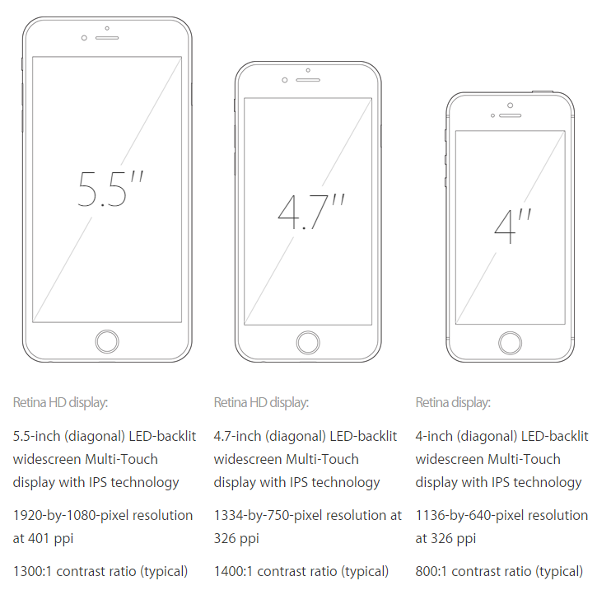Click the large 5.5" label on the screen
(x=110, y=189)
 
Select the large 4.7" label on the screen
(x=311, y=211)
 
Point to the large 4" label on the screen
(x=512, y=226)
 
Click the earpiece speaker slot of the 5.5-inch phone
(x=107, y=38)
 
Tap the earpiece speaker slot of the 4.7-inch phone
(x=308, y=80)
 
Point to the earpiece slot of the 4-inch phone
(x=510, y=116)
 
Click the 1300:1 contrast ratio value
(x=32, y=572)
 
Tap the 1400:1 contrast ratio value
(x=233, y=572)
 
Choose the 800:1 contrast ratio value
(x=431, y=572)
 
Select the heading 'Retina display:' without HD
(x=453, y=402)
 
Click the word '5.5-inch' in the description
(x=36, y=436)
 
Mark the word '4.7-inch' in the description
(x=237, y=436)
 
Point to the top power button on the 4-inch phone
(x=543, y=91)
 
